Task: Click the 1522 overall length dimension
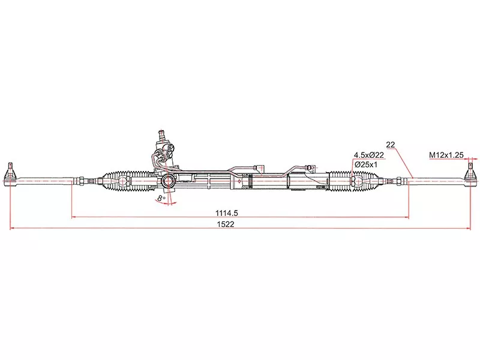pos(226,224)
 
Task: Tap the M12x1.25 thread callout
pos(446,155)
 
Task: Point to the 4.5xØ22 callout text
pos(369,155)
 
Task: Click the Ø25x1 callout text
pos(365,164)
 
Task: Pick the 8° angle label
pos(160,197)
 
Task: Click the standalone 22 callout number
pos(391,145)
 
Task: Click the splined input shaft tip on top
pos(161,132)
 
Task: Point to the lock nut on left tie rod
pos(80,179)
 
